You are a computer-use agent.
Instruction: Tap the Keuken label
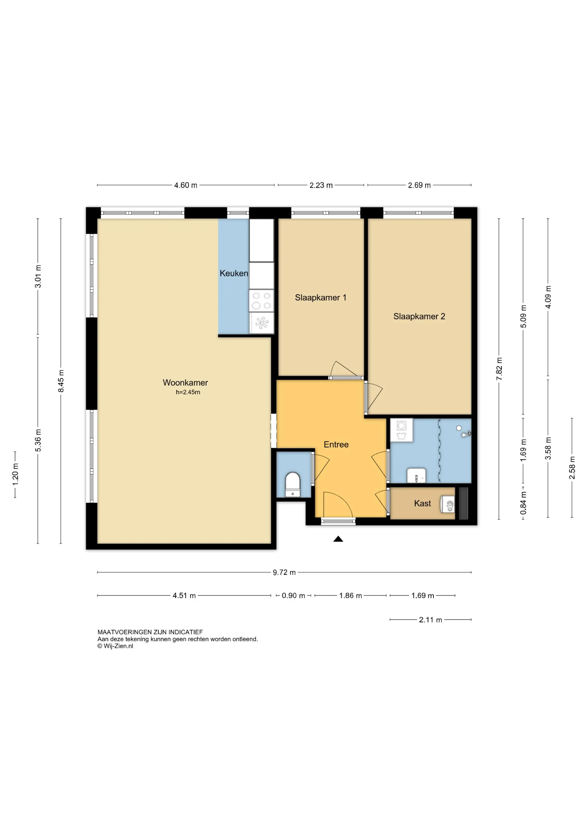pyautogui.click(x=234, y=273)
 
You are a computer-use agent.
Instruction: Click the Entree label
pyautogui.click(x=336, y=445)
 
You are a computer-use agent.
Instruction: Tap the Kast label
pyautogui.click(x=422, y=503)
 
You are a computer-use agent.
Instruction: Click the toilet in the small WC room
pyautogui.click(x=293, y=484)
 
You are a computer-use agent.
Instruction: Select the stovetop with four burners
pyautogui.click(x=261, y=301)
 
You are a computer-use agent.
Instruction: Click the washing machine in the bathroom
pyautogui.click(x=401, y=430)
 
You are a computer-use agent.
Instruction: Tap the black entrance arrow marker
pyautogui.click(x=338, y=539)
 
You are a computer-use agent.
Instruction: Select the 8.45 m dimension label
pyautogui.click(x=61, y=381)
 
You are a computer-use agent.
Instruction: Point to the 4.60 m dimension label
pyautogui.click(x=186, y=185)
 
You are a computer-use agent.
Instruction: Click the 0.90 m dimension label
pyautogui.click(x=293, y=595)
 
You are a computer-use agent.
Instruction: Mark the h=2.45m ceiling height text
pyautogui.click(x=188, y=392)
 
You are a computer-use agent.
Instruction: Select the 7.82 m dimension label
pyautogui.click(x=499, y=369)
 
